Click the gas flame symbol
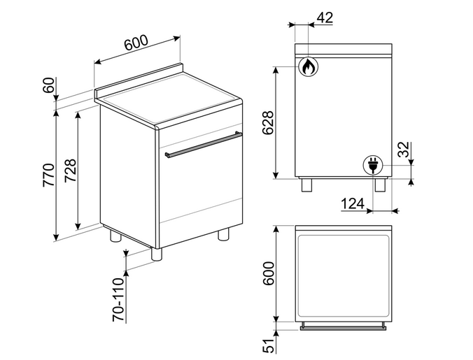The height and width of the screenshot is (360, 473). (309, 66)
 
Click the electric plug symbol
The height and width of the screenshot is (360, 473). (373, 166)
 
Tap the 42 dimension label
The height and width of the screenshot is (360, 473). (325, 17)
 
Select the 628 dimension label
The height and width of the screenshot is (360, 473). (268, 122)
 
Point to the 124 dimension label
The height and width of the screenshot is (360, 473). (353, 203)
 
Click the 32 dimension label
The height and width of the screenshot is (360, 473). (404, 150)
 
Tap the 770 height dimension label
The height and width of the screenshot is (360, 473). (48, 175)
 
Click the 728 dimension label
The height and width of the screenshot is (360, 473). (70, 170)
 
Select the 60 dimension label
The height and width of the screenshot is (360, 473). (48, 85)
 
